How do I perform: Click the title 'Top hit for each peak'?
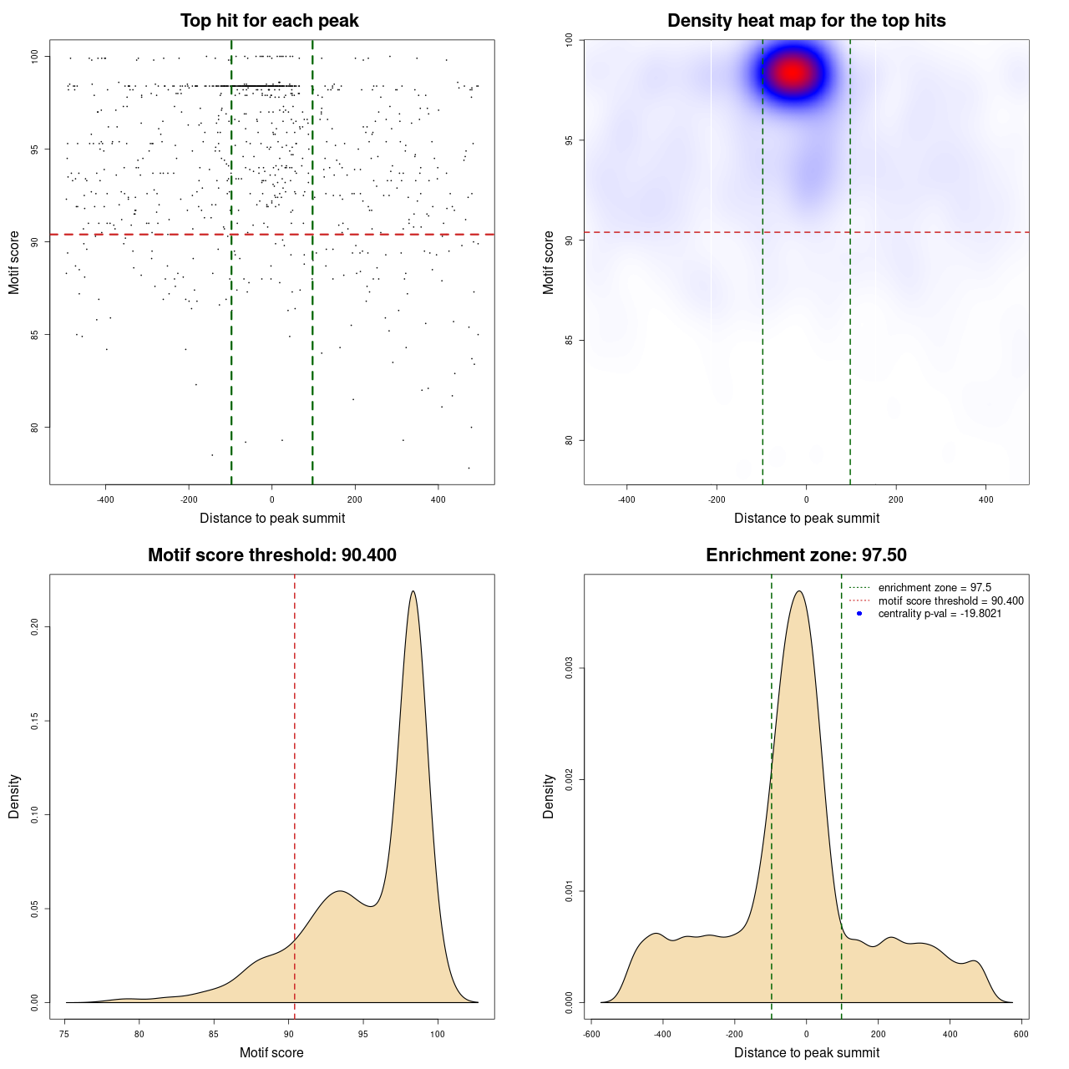pos(269,21)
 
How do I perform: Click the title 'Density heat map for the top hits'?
pos(806,21)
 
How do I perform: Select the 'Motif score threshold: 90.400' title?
pos(271,555)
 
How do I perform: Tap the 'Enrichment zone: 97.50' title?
pos(806,555)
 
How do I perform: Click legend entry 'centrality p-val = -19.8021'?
pos(940,614)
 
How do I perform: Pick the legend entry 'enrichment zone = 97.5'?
pos(935,588)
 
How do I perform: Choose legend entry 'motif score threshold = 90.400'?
pos(950,601)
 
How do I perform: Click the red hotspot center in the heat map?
pos(792,73)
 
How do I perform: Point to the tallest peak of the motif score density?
pos(413,591)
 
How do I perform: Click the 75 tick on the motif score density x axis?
pos(65,1034)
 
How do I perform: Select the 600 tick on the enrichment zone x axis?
pos(1021,1034)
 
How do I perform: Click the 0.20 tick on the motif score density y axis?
pos(34,626)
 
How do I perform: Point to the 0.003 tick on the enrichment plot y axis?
pos(569,668)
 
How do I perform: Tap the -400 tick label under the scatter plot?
pos(105,499)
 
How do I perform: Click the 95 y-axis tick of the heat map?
pos(569,139)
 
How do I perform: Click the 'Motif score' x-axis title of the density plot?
pos(271,1052)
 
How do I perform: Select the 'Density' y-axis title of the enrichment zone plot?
pos(549,796)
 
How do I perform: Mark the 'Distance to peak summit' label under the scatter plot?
pos(272,518)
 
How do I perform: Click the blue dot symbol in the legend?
pos(859,614)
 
